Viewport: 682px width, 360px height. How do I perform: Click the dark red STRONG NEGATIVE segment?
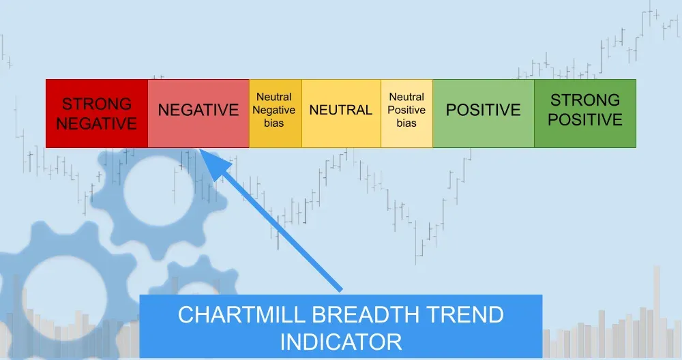coord(96,113)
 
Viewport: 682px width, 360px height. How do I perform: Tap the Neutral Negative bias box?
coord(275,113)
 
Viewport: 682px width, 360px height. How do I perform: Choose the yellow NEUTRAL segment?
coord(341,110)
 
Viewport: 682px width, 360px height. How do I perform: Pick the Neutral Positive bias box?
coord(406,113)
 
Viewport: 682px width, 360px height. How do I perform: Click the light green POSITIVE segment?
coord(483,110)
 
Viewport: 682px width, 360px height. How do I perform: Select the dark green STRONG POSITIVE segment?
coord(585,113)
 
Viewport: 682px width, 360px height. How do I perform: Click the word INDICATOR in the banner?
coord(341,340)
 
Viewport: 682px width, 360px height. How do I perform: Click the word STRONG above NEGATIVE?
coord(96,104)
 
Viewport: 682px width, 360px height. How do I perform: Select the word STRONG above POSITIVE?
coord(585,100)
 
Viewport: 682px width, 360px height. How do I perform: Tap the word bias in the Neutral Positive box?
coord(406,123)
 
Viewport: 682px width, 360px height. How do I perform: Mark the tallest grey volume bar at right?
coord(657,310)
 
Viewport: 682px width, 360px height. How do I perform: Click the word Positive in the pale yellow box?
coord(406,110)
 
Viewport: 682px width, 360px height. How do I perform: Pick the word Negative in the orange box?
coord(275,110)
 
